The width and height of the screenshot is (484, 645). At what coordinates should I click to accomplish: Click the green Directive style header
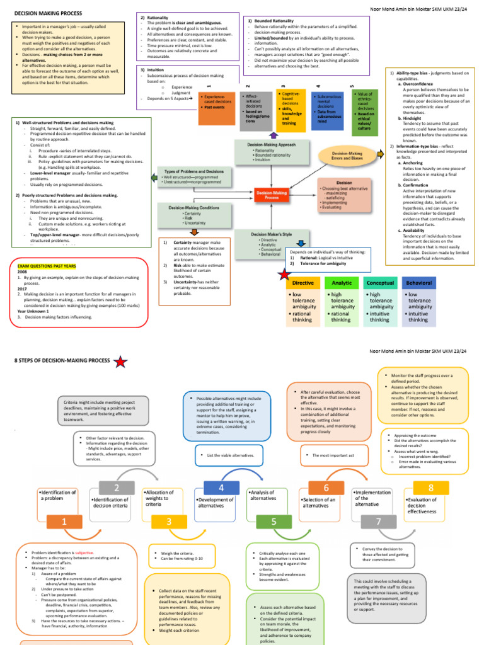click(x=303, y=283)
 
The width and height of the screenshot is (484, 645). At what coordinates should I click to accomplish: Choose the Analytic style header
click(x=342, y=283)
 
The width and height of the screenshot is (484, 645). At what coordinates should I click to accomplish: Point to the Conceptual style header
click(x=380, y=283)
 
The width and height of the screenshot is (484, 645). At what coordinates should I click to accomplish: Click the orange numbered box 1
click(x=64, y=522)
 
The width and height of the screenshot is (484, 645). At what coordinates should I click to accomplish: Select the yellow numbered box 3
click(x=169, y=522)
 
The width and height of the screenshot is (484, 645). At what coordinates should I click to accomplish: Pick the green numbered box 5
click(x=274, y=522)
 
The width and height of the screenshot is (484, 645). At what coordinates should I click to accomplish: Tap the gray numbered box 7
click(x=378, y=522)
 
